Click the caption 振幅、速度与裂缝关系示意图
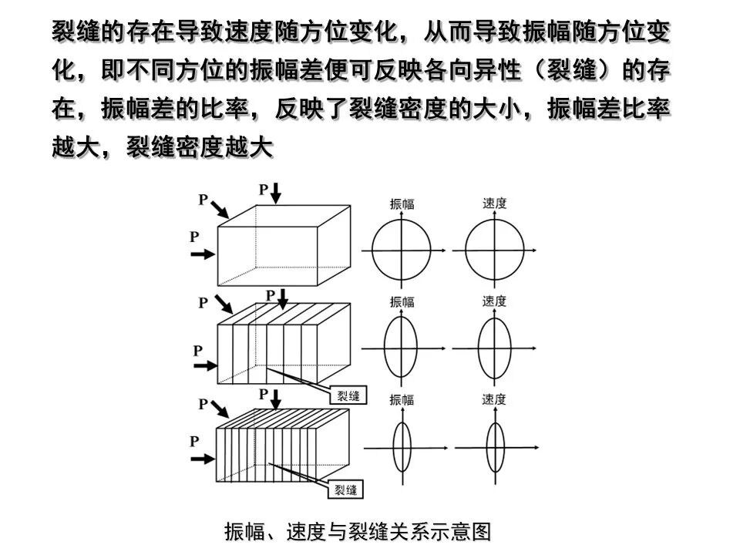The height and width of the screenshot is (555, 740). pyautogui.click(x=358, y=531)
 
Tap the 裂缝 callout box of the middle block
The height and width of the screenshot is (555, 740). pyautogui.click(x=348, y=395)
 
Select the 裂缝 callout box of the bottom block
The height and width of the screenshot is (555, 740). pyautogui.click(x=346, y=490)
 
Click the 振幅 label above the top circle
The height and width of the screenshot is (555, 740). pyautogui.click(x=402, y=203)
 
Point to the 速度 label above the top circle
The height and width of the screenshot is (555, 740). pyautogui.click(x=494, y=203)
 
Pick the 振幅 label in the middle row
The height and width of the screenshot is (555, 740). pyautogui.click(x=402, y=301)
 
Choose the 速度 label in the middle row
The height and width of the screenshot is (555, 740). pyautogui.click(x=494, y=301)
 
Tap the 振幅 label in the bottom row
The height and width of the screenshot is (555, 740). pyautogui.click(x=402, y=400)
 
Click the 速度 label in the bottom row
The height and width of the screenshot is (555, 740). pyautogui.click(x=493, y=399)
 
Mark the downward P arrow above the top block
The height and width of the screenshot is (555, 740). pyautogui.click(x=276, y=193)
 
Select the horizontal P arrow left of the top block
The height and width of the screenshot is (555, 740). pyautogui.click(x=203, y=254)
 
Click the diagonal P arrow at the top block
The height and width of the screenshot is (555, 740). pyautogui.click(x=220, y=209)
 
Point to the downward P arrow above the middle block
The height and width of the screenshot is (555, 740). pyautogui.click(x=282, y=299)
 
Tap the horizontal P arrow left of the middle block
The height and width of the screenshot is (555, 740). pyautogui.click(x=206, y=365)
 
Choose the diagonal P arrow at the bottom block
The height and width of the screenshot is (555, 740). pyautogui.click(x=220, y=409)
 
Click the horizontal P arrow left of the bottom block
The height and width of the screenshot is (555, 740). pyautogui.click(x=203, y=459)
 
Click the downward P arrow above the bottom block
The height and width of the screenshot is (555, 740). pyautogui.click(x=276, y=399)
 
